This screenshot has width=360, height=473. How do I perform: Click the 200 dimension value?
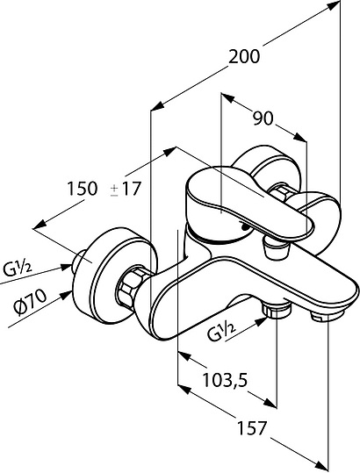244,57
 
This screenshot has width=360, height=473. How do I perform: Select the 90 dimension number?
263,118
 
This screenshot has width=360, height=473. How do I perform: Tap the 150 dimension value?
83,189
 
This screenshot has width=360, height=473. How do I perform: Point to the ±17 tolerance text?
126,189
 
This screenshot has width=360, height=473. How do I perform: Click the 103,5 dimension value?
225,380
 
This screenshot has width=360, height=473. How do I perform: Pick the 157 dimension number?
253,428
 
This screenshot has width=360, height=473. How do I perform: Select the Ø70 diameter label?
30,302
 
